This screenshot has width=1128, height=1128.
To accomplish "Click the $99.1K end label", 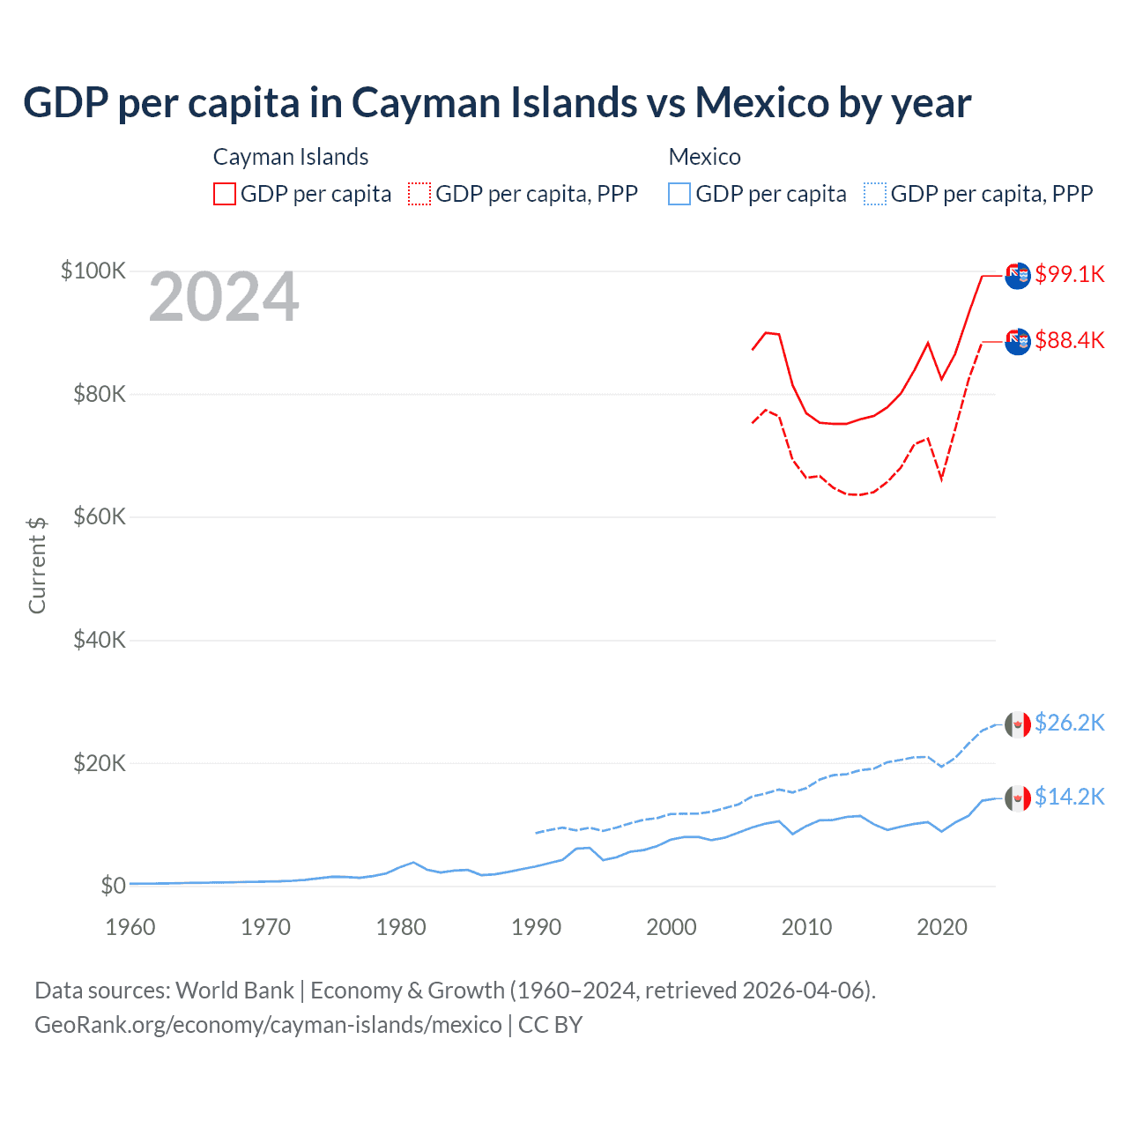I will point(1069,274).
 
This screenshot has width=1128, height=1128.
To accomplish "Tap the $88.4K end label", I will point(1069,340).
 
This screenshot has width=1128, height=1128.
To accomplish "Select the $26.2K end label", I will point(1069,723).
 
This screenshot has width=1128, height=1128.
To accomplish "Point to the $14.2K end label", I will point(1069,797).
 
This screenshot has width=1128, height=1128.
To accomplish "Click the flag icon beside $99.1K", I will point(1018,275).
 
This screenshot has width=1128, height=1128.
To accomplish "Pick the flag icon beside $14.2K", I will point(1018,798).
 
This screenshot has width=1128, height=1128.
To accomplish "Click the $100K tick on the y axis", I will point(93,271).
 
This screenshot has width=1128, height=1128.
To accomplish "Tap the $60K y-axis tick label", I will point(100,516).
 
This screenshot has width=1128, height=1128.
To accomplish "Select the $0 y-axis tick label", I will point(113,886).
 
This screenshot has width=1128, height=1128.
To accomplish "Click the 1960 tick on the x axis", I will point(130,927).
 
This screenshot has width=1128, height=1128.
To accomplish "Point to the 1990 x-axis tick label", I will point(536,927).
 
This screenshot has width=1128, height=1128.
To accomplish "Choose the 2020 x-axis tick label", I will point(942,927).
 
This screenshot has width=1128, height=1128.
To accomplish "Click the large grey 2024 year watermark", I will point(224,297).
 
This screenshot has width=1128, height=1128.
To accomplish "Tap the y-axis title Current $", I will point(37,566).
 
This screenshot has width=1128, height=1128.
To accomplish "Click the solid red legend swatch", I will point(225,194).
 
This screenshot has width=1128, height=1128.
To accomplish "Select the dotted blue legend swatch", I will point(875,194).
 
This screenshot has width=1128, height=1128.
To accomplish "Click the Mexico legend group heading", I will point(704,157).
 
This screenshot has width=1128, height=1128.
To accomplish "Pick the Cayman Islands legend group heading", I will point(291,157).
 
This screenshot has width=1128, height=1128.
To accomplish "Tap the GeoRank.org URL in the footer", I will point(268,1025).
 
